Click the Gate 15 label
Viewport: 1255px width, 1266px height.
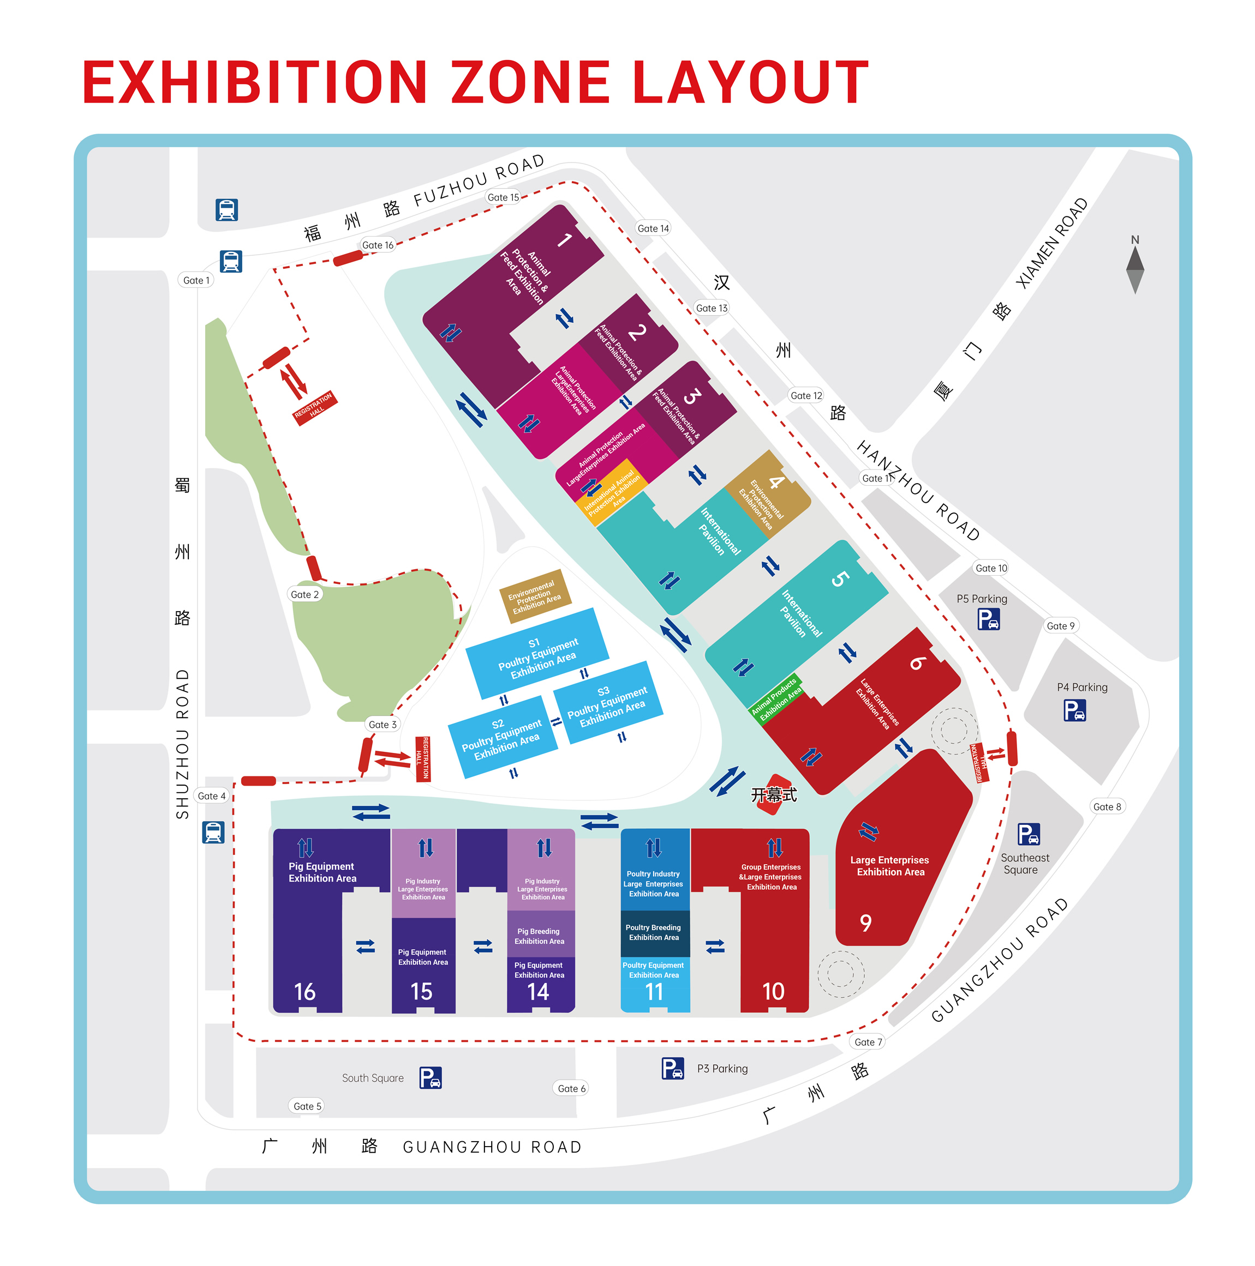click(x=503, y=197)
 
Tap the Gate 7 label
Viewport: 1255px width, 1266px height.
click(x=868, y=1041)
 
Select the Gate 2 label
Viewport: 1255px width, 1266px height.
click(x=304, y=594)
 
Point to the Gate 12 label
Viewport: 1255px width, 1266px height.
click(x=806, y=395)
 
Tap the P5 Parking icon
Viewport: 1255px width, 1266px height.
click(x=988, y=619)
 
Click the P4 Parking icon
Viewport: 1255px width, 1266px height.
click(x=1074, y=710)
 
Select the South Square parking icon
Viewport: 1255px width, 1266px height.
click(x=430, y=1077)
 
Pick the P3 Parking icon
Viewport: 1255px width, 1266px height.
click(x=673, y=1068)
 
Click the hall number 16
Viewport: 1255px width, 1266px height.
click(x=305, y=991)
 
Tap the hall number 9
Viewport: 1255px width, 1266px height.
click(x=865, y=923)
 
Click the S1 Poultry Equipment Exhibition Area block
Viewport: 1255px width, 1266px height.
click(x=537, y=653)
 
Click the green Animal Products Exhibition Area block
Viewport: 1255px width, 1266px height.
click(x=776, y=698)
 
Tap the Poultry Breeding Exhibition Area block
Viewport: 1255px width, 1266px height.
click(x=654, y=932)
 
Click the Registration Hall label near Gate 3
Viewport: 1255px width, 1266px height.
click(x=423, y=758)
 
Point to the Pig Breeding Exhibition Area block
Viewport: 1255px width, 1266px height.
click(x=539, y=936)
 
